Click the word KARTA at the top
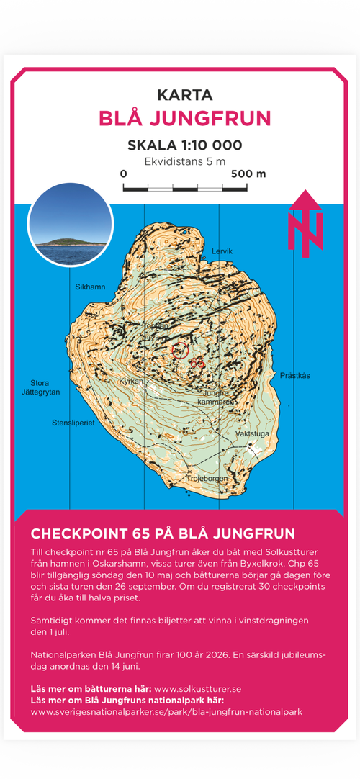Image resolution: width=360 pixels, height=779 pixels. pos(184,95)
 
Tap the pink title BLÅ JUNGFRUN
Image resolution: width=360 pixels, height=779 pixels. pos(184,118)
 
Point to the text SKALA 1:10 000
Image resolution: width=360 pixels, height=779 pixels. pos(184,145)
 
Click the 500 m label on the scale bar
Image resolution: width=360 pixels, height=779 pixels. pos(248,174)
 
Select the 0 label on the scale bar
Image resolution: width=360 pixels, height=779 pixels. pos(124,174)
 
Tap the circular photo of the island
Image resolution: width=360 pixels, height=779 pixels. pos(70,225)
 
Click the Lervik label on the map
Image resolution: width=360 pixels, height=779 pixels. pos(222,251)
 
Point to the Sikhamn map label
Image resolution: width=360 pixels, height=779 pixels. pos(90,287)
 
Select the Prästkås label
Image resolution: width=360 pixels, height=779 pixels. pos(294,376)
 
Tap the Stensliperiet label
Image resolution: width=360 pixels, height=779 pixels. pos(73,423)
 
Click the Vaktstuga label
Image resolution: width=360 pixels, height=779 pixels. pos(253,435)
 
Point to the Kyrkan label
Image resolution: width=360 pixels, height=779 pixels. pos(131,381)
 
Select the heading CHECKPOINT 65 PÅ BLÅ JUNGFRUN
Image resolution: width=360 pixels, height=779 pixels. pos(163,533)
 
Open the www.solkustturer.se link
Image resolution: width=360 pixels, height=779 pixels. pos(198,689)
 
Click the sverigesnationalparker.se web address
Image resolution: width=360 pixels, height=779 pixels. pos(166,712)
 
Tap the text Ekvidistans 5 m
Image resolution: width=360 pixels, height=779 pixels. pos(184,161)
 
